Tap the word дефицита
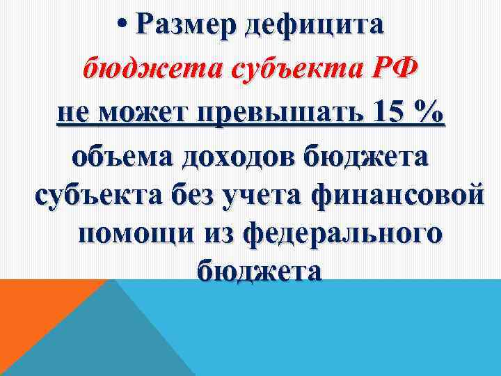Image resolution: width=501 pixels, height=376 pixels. tap(322, 28)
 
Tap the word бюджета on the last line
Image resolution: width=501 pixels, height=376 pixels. tap(259, 269)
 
